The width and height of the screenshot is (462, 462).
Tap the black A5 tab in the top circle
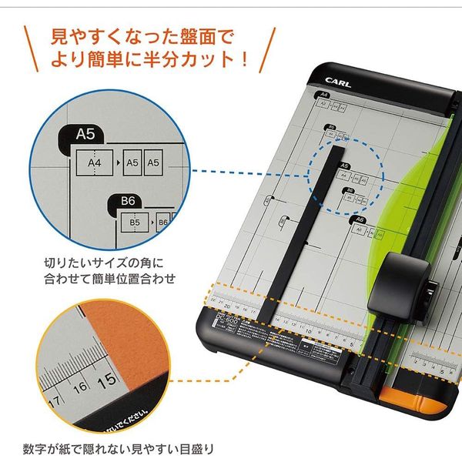coord(85,135)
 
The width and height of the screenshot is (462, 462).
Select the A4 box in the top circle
coord(95,162)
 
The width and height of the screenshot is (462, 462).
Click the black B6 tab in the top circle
coord(128,202)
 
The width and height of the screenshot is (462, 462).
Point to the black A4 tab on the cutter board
coord(323,94)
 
